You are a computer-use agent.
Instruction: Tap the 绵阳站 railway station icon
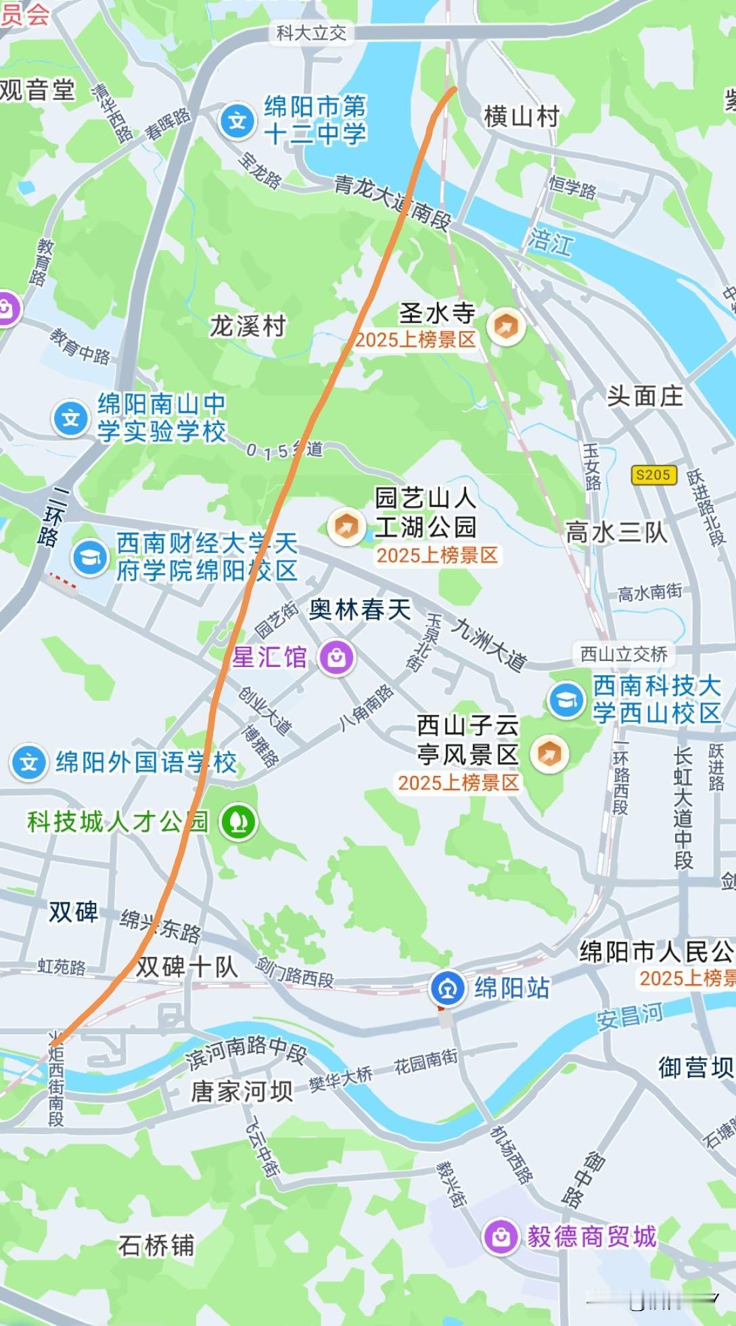[447, 988]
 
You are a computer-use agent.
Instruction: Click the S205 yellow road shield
[653, 474]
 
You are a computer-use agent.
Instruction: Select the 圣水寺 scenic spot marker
[505, 327]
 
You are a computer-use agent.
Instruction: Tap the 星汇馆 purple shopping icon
[336, 657]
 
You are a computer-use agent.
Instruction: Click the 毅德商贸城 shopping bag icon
[501, 1236]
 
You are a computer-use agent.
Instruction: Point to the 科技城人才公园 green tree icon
[238, 822]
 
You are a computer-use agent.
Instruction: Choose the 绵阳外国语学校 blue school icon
[28, 763]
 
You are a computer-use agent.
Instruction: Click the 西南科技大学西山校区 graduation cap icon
[566, 700]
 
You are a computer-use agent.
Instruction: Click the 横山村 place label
[521, 116]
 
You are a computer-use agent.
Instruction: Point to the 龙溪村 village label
[248, 326]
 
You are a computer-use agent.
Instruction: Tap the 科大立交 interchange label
[311, 32]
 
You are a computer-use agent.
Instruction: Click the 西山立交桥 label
[624, 654]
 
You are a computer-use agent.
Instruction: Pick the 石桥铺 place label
[156, 1245]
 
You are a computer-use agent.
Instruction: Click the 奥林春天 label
[360, 610]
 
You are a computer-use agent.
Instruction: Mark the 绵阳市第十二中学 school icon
[237, 122]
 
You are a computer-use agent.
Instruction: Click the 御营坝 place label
[695, 1067]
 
